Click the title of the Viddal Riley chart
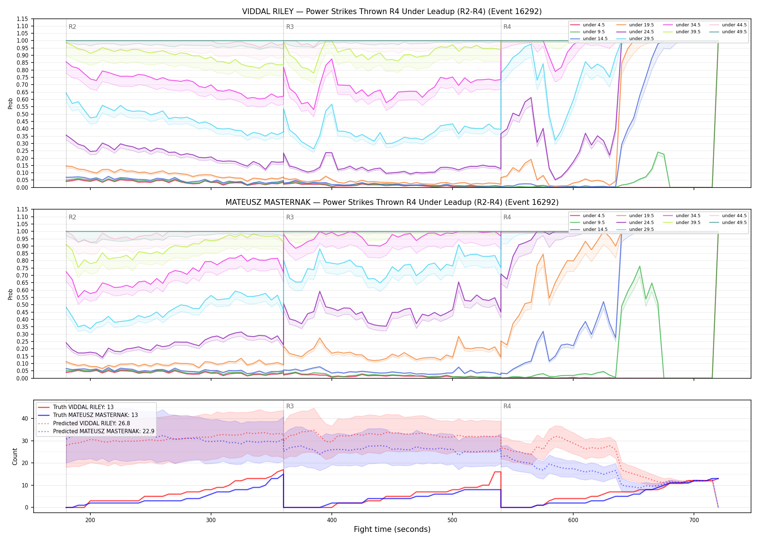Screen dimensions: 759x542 (x=392, y=12)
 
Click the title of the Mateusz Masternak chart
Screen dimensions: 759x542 (x=392, y=202)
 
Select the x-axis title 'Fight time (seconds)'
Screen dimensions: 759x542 (x=392, y=529)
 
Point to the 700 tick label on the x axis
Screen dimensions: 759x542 (x=694, y=520)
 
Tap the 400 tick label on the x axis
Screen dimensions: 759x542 (x=332, y=520)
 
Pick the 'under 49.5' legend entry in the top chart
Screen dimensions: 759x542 (x=728, y=32)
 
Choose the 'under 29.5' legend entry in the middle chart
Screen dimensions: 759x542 (x=635, y=229)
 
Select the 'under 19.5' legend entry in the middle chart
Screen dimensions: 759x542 (x=635, y=216)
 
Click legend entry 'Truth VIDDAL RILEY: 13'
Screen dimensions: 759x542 (x=76, y=407)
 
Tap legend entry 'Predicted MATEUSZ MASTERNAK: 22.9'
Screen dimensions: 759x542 (x=96, y=431)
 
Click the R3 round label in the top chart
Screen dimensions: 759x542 (x=290, y=27)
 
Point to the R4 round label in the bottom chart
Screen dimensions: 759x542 (x=507, y=406)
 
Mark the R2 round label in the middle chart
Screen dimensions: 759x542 (x=72, y=217)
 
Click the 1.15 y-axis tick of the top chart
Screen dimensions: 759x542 (x=22, y=19)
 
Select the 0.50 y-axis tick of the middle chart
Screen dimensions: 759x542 (x=22, y=305)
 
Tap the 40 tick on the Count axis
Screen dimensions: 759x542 (x=25, y=418)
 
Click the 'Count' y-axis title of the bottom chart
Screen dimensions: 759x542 (x=15, y=456)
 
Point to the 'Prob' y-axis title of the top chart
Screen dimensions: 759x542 (x=10, y=103)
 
